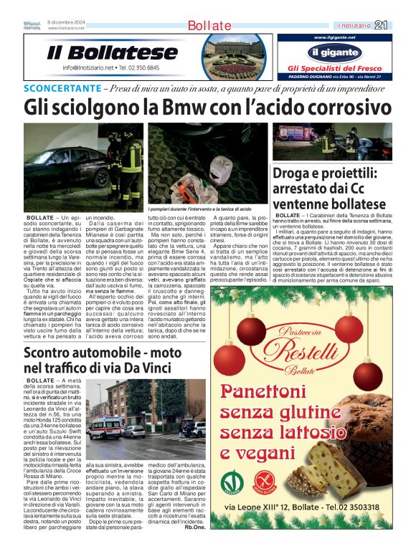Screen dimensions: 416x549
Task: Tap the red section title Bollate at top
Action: pyautogui.click(x=209, y=26)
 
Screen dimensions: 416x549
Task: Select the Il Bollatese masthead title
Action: pyautogui.click(x=112, y=53)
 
